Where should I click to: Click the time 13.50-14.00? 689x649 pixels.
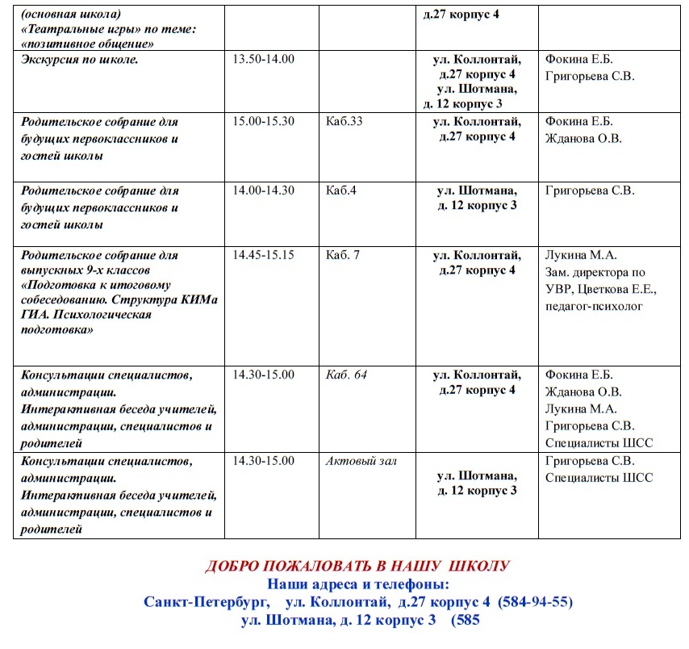coord(263,60)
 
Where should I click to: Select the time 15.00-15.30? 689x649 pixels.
coord(263,121)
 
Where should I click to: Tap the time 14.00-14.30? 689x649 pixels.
coord(263,191)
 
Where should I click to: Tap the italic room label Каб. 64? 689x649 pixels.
coord(346,375)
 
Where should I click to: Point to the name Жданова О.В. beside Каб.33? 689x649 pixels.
coord(583,138)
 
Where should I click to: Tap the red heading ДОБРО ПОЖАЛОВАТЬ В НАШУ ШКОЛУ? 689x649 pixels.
coord(357,565)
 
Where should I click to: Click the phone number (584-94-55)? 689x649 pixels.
coord(535,602)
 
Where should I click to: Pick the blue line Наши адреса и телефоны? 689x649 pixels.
coord(357,584)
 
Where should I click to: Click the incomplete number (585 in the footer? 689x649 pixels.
coord(466,621)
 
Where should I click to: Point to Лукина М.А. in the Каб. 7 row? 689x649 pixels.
coord(581,254)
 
